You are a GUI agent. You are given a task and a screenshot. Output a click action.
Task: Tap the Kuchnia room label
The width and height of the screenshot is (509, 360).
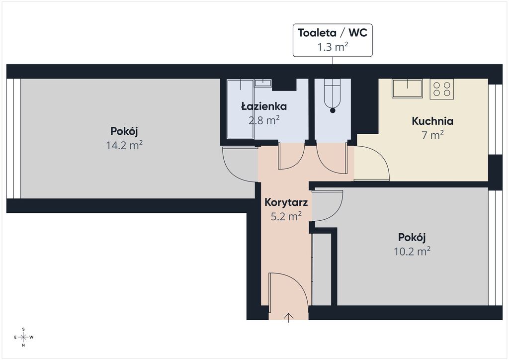[432, 121]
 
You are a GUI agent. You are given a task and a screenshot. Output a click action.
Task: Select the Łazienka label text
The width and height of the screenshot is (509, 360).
[264, 106]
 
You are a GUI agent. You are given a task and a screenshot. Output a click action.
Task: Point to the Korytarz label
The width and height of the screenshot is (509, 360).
[286, 202]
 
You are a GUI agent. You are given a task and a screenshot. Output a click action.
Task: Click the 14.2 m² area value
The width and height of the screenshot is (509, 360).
[124, 145]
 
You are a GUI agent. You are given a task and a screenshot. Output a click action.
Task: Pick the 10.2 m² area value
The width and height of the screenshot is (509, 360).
[412, 251]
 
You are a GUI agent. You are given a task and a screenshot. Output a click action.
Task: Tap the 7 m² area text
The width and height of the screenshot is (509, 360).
[432, 135]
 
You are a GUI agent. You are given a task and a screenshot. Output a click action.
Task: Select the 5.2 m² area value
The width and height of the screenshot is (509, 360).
[286, 216]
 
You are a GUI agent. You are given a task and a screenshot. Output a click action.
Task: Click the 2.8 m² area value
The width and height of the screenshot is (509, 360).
[264, 120]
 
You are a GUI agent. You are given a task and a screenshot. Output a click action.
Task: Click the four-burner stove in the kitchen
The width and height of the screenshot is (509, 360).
[442, 89]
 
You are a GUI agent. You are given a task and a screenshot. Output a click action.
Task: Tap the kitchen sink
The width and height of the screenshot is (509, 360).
[407, 89]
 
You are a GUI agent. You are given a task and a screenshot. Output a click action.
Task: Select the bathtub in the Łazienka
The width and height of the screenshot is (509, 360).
[240, 109]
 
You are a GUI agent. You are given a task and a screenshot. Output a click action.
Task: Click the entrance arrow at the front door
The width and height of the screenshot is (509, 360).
[289, 318]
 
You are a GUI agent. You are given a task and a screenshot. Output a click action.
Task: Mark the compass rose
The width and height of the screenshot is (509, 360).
[24, 337]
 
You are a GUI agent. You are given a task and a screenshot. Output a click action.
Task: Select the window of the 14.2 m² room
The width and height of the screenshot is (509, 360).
[13, 138]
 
